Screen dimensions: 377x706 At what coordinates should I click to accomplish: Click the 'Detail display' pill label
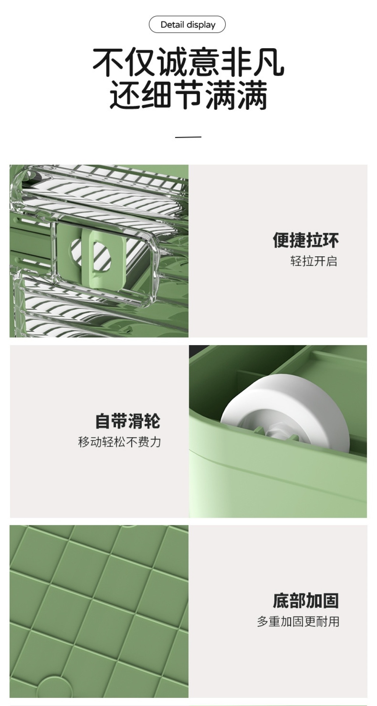187,25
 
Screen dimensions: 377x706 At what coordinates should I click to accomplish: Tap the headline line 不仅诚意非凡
188,62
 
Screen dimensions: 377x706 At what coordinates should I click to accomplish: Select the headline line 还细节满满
188,95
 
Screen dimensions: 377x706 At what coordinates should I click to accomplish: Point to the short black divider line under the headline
188,137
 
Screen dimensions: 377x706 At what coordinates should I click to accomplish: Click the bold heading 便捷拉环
306,240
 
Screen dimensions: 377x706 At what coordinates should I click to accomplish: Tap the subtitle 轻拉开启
314,261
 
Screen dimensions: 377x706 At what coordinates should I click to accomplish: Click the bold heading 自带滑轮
128,421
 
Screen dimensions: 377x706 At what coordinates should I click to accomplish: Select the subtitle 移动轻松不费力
120,442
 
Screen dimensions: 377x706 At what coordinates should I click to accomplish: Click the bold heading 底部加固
306,601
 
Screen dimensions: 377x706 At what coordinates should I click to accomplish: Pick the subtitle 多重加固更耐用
298,622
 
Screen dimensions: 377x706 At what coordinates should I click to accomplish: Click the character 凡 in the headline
269,62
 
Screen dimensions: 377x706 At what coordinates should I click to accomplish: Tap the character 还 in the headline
124,95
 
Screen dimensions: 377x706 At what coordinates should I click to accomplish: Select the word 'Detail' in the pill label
172,25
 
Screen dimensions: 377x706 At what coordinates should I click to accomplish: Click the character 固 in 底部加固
331,601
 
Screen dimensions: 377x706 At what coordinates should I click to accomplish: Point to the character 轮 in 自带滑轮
152,421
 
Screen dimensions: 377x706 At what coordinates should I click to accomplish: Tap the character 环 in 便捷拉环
331,240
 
